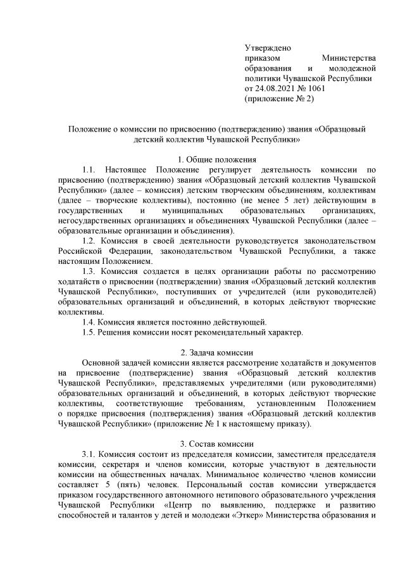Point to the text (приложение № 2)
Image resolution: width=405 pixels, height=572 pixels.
(279, 99)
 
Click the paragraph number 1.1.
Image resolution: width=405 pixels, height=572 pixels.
(90, 170)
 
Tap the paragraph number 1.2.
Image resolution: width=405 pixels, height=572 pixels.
(90, 240)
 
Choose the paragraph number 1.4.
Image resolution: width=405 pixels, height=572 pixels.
(90, 321)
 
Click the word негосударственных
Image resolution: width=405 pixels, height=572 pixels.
(97, 220)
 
